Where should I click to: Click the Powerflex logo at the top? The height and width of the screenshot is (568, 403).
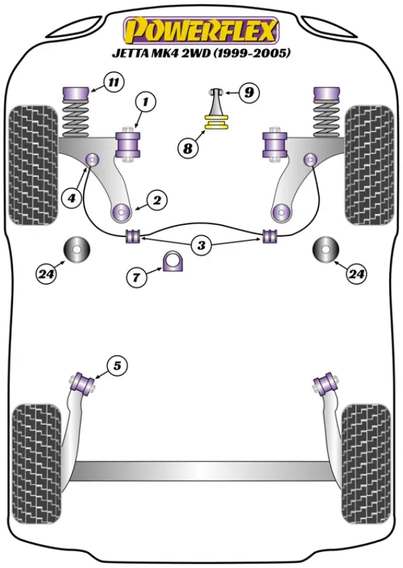(200, 31)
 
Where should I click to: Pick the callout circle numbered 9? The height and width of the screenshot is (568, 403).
(248, 93)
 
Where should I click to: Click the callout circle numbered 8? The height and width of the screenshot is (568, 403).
(188, 149)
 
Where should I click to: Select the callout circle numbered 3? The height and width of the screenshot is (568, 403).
(201, 245)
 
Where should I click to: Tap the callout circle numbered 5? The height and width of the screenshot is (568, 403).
(116, 365)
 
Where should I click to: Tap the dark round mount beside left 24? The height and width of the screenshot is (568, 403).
(77, 249)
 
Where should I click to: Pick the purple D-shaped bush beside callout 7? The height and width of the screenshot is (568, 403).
(173, 263)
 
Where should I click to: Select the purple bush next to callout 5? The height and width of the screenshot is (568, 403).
(84, 383)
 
